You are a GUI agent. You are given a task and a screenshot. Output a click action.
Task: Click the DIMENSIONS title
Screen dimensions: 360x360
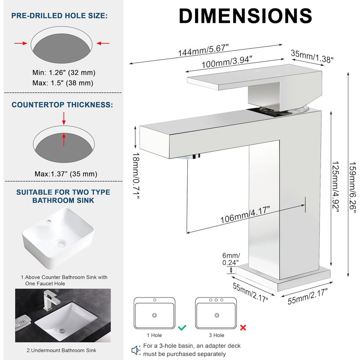point(245,16)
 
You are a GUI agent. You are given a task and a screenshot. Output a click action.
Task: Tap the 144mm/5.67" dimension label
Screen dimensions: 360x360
point(203,50)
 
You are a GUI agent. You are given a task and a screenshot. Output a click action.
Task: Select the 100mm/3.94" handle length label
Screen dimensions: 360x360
point(227,62)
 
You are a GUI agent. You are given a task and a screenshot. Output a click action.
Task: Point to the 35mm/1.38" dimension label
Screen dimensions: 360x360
point(312,56)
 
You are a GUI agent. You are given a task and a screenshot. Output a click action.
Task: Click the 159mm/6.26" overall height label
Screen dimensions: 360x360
point(352,185)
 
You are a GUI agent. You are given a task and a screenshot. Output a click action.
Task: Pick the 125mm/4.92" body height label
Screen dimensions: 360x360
point(335,187)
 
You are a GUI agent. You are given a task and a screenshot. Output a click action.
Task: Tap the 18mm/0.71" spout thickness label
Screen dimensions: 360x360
point(136,175)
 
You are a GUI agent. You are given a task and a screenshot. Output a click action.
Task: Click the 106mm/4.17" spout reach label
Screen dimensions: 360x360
point(245,215)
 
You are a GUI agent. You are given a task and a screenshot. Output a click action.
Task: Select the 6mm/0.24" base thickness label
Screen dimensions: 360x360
point(231,259)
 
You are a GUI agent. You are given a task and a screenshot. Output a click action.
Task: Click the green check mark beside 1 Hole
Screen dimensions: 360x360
point(182,328)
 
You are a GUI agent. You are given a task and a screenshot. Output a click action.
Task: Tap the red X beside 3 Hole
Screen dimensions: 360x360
point(243,328)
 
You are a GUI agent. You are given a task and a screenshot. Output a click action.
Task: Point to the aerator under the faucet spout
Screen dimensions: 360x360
point(189,157)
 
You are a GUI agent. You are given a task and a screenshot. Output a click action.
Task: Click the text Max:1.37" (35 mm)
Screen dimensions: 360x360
point(66,174)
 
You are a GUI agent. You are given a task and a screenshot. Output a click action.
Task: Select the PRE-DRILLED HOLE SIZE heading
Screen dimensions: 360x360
point(59,16)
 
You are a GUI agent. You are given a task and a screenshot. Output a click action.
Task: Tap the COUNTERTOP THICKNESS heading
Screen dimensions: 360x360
point(63,105)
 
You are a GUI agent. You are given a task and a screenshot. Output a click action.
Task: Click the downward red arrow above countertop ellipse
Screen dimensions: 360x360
point(64,118)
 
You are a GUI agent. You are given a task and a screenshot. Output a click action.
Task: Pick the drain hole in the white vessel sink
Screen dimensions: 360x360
point(61,244)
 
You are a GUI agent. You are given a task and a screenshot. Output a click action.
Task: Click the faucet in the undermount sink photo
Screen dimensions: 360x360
point(51,300)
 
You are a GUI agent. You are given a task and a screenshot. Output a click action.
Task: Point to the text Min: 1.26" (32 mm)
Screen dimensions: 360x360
point(64,72)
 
